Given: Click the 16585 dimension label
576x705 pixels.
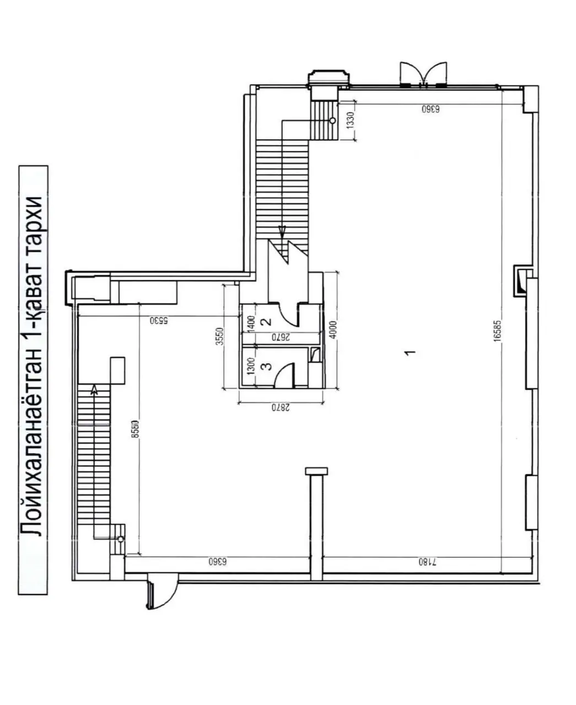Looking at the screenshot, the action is (x=498, y=330).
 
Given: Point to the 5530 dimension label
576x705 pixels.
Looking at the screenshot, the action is (x=159, y=320).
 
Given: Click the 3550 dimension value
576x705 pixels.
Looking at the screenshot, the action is (x=219, y=337).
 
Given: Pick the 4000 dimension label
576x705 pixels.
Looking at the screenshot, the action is (x=333, y=329).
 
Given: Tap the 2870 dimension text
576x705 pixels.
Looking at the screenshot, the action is (x=281, y=408).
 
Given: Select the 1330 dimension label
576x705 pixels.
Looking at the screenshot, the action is (x=350, y=120).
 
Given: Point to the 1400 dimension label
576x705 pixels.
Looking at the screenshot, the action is (x=251, y=323).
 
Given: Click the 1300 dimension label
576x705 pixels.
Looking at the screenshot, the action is (x=251, y=366).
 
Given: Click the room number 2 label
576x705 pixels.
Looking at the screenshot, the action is (x=268, y=321).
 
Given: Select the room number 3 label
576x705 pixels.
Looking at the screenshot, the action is (x=268, y=366).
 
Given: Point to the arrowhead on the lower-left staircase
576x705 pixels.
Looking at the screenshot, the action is (x=94, y=389).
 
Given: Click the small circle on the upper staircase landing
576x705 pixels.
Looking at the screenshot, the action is (x=333, y=121).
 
